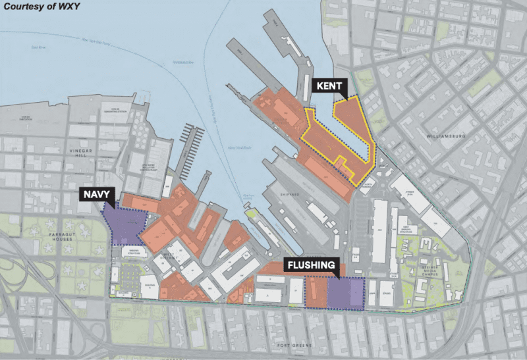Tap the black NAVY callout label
tap(98, 194)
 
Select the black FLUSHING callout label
tap(314, 267)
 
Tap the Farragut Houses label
tap(55, 236)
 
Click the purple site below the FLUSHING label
tap(344, 292)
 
